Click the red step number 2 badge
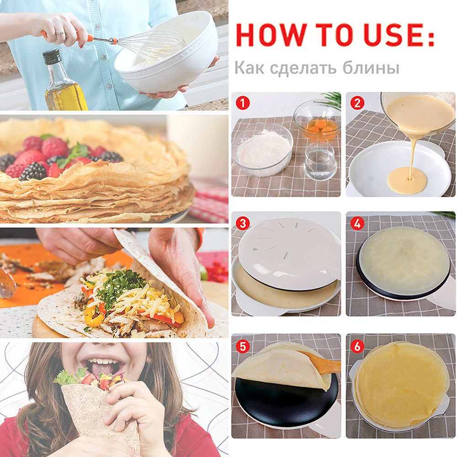357,103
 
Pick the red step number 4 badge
357,223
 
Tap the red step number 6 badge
357,346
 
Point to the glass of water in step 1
320,162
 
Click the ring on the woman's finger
60,33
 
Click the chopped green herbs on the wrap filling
120,286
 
